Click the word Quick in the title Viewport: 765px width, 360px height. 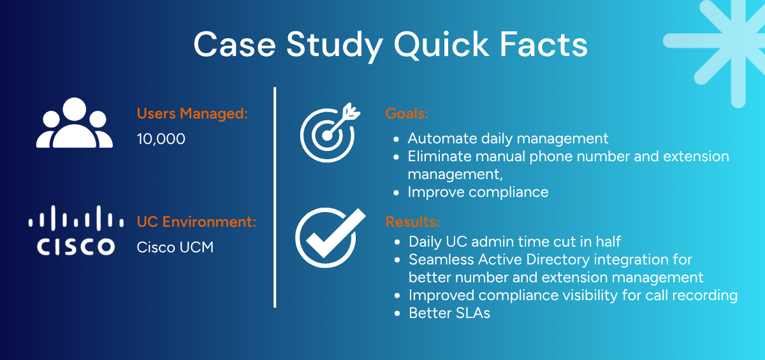pos(441,45)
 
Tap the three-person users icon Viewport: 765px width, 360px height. pos(75,123)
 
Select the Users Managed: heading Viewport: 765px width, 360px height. pos(193,113)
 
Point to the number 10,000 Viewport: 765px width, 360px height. pos(161,139)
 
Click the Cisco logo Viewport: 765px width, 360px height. pos(76,230)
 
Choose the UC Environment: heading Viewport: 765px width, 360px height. pos(196,222)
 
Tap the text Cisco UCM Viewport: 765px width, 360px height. pos(175,247)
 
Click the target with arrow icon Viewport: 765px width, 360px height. pos(330,133)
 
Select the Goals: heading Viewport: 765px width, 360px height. pos(407,113)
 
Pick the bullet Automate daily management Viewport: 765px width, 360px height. pos(508,138)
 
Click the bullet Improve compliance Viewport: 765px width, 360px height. pos(477,192)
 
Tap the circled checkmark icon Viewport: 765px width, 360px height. pos(330,238)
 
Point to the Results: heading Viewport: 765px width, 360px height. pos(412,222)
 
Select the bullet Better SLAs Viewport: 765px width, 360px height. pos(449,313)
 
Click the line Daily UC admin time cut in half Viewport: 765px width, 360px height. pos(514,242)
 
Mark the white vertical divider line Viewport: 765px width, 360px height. pos(275,198)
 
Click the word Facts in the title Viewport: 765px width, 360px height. pos(544,45)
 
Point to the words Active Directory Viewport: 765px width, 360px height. pos(534,260)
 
